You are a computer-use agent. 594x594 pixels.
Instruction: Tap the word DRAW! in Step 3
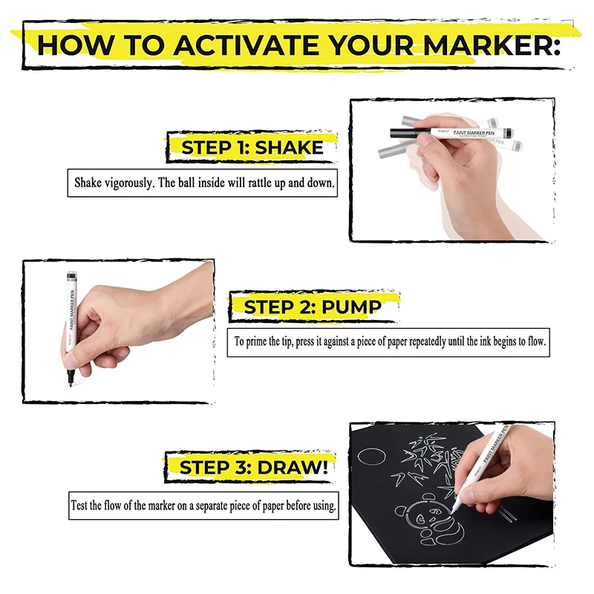pyautogui.click(x=293, y=468)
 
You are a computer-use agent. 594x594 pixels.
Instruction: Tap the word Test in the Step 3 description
pyautogui.click(x=82, y=506)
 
